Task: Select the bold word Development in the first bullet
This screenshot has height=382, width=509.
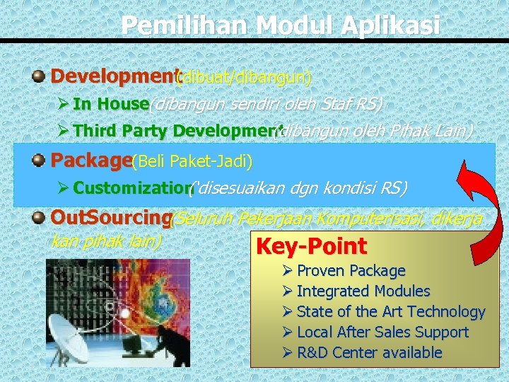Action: (x=113, y=76)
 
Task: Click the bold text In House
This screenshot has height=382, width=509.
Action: (x=110, y=104)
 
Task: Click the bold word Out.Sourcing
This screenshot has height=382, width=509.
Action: (x=110, y=219)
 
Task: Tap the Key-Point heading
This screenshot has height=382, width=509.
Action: (x=311, y=247)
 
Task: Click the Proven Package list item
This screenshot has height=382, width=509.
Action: (x=351, y=271)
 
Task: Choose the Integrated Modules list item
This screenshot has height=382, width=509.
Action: (x=363, y=291)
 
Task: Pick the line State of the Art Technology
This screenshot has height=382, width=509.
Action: (x=390, y=312)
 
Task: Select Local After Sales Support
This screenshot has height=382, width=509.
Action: (x=382, y=332)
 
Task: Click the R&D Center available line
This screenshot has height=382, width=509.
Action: (x=369, y=353)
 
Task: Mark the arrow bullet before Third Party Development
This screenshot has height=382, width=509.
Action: (x=62, y=131)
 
